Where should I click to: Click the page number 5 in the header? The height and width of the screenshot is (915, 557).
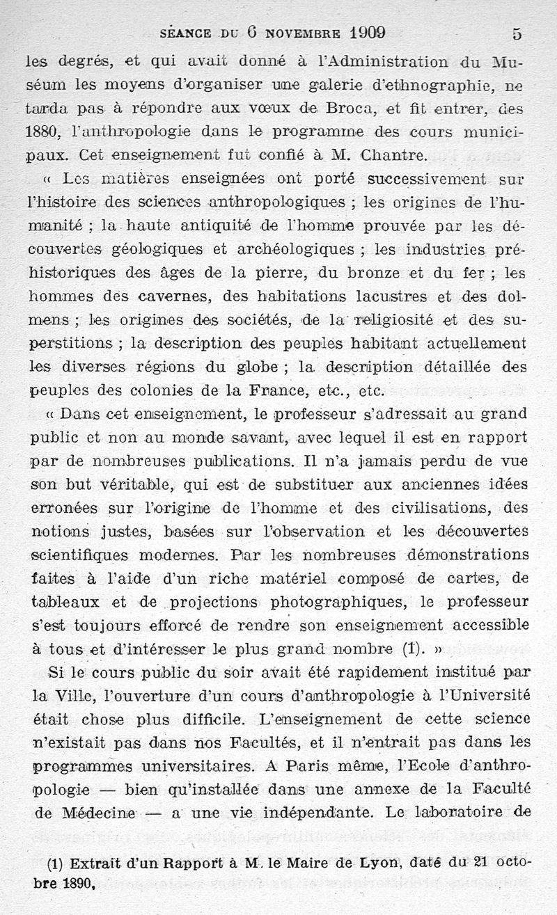(516, 33)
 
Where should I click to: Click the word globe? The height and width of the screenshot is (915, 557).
(256, 367)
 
